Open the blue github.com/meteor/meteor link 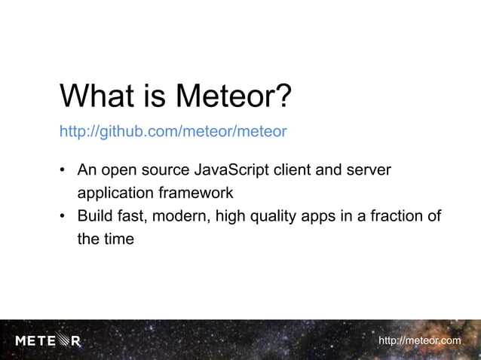click(x=173, y=133)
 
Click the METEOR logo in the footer click(x=47, y=341)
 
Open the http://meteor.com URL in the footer click(x=419, y=341)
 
